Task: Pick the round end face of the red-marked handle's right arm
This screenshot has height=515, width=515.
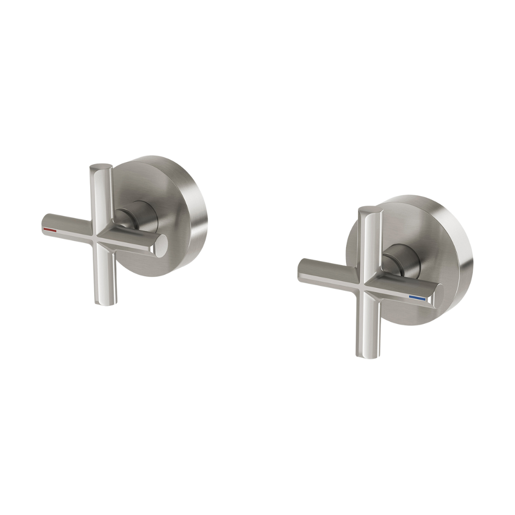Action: [x=162, y=244]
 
